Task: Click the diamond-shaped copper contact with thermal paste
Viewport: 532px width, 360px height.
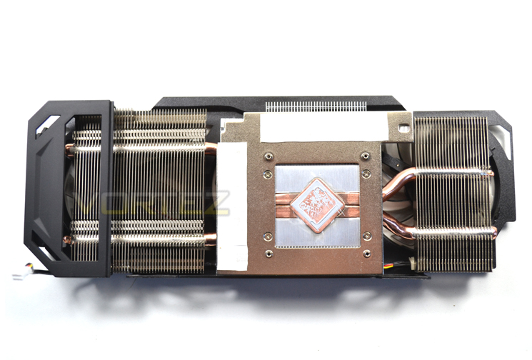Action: tap(317, 205)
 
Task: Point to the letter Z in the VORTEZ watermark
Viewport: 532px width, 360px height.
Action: tap(216, 204)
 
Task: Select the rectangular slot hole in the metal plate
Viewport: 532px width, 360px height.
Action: tap(403, 129)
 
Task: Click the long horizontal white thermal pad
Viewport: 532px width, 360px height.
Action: tap(323, 128)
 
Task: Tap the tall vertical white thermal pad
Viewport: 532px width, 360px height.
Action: tap(232, 206)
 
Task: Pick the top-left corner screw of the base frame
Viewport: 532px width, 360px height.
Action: tap(268, 156)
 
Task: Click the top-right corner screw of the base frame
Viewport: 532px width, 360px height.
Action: tap(366, 156)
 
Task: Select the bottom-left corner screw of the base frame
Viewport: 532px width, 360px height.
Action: tap(269, 253)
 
